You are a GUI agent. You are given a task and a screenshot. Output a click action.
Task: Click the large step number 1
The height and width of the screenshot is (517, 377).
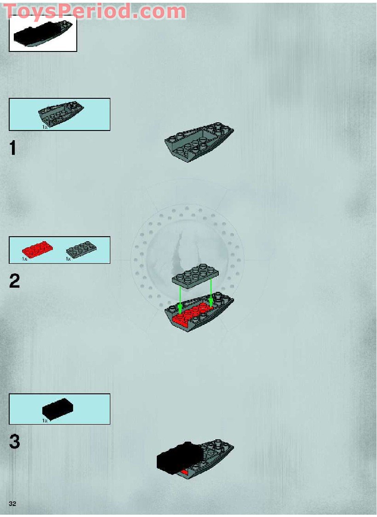pyautogui.click(x=12, y=148)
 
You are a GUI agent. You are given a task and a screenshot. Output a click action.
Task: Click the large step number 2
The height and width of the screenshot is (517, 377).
pyautogui.click(x=14, y=281)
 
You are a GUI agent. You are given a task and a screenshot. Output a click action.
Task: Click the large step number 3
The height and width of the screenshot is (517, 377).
pyautogui.click(x=14, y=442)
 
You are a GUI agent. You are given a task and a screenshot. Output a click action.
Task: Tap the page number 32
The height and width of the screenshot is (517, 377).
pyautogui.click(x=12, y=504)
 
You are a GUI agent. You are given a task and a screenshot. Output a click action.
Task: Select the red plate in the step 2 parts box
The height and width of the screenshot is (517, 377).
pyautogui.click(x=37, y=249)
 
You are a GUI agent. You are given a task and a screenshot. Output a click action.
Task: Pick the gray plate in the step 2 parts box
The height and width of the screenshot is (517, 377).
pyautogui.click(x=81, y=250)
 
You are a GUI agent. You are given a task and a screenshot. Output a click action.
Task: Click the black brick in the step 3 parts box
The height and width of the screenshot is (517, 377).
pyautogui.click(x=57, y=407)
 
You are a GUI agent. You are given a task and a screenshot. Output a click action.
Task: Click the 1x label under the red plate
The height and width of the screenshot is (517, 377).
pyautogui.click(x=24, y=259)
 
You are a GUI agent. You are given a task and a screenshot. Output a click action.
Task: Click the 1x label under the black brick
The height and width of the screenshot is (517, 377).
pyautogui.click(x=45, y=420)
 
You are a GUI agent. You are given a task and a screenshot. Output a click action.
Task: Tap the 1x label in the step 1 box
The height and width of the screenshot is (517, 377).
pyautogui.click(x=45, y=126)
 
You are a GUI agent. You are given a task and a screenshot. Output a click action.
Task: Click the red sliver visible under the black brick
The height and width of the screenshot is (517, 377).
pyautogui.click(x=184, y=472)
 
